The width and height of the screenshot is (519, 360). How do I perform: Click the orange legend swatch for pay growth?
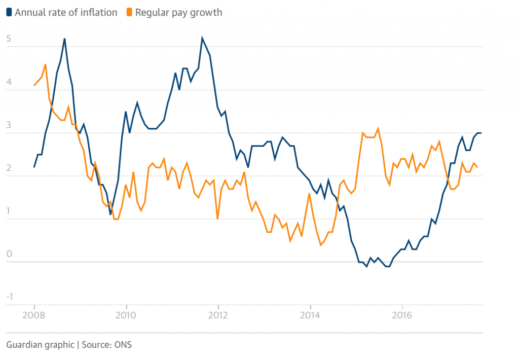(130, 12)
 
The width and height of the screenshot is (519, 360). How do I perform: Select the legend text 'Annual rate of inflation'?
(66, 12)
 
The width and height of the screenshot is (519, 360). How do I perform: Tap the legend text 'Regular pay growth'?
(178, 12)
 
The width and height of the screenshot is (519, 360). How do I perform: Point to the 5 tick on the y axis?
(9, 39)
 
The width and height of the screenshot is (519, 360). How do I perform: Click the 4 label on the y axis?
(9, 82)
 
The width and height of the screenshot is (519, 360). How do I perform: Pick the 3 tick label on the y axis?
(9, 125)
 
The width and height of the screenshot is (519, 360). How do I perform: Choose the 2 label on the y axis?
(9, 168)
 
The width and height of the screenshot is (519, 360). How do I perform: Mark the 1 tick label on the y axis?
(9, 211)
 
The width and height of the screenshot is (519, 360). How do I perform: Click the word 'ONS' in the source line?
(122, 345)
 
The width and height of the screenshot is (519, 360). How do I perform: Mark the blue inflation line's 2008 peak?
(64, 39)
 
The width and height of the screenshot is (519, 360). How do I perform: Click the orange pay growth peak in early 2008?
(46, 64)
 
